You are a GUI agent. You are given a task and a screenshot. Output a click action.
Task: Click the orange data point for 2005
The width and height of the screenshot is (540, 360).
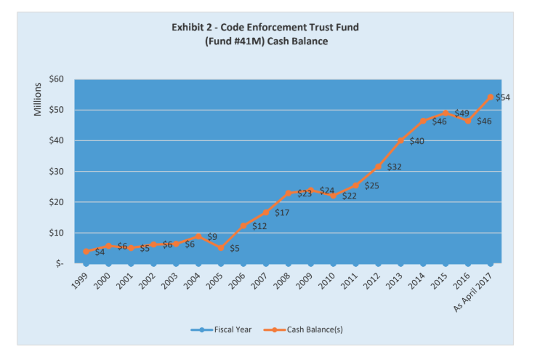pyautogui.click(x=220, y=248)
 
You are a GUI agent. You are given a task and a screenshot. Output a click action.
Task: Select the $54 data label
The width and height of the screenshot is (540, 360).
pyautogui.click(x=502, y=97)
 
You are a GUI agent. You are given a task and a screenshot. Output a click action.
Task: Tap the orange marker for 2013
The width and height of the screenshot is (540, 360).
pyautogui.click(x=400, y=140)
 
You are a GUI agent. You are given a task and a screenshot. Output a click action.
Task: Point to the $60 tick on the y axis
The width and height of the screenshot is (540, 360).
pyautogui.click(x=55, y=79)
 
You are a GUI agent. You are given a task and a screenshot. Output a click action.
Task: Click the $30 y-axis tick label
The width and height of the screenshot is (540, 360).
pyautogui.click(x=55, y=172)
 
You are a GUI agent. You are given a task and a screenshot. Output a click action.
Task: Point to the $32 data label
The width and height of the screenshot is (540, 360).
pyautogui.click(x=394, y=167)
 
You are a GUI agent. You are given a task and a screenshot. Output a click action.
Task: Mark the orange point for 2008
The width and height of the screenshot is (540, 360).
pyautogui.click(x=288, y=193)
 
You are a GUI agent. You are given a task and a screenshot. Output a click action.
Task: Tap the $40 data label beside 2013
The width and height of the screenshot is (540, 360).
pyautogui.click(x=416, y=141)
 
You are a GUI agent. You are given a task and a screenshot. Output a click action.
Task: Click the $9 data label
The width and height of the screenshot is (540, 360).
pyautogui.click(x=212, y=236)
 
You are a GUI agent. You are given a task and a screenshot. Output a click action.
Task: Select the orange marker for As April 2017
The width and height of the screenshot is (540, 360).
pyautogui.click(x=491, y=97)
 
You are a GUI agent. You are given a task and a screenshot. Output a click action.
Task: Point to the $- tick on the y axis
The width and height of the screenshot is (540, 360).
pyautogui.click(x=59, y=264)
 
